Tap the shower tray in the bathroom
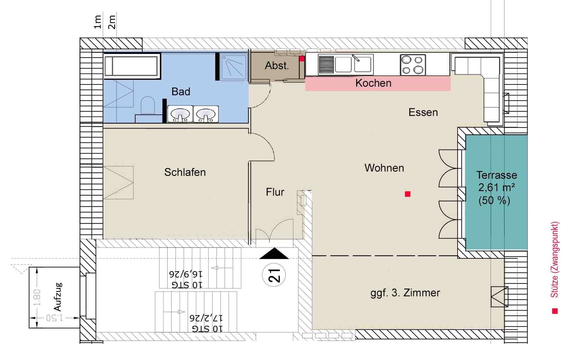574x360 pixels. [233, 67]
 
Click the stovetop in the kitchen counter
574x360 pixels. [413, 65]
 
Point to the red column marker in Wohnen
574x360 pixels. [407, 194]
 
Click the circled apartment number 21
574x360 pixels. [274, 275]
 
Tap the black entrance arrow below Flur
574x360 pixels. [274, 253]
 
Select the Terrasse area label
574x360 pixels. [496, 187]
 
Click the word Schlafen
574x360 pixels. [185, 172]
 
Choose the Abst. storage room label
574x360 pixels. [277, 65]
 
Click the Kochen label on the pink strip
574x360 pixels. [373, 83]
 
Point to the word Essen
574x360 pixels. [423, 112]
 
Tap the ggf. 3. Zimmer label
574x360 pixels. [405, 293]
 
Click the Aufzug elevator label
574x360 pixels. [58, 297]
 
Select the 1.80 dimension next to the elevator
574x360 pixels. [37, 298]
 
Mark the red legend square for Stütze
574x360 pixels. [555, 311]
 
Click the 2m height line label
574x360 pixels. [112, 22]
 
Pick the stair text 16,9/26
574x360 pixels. [186, 274]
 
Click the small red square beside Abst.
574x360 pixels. [302, 59]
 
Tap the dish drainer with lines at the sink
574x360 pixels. [326, 65]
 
